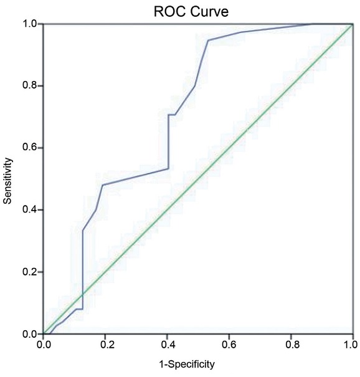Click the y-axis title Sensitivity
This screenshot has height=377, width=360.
(8, 179)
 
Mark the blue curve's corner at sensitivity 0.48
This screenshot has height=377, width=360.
(102, 185)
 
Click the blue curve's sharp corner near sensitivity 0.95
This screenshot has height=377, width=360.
(207, 41)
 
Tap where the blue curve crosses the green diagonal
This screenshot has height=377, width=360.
(82, 295)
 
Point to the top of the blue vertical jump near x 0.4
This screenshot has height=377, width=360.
(168, 115)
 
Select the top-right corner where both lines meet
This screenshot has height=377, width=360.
(353, 24)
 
